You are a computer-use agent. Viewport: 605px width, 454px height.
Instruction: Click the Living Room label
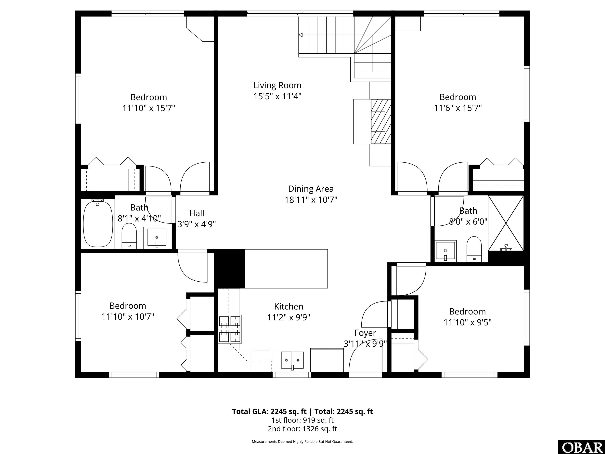(277, 85)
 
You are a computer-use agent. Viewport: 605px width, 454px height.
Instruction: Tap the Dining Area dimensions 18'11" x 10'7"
(311, 200)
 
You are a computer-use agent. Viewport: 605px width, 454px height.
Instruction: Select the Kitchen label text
(289, 306)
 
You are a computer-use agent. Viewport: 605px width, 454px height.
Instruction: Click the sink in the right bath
(445, 250)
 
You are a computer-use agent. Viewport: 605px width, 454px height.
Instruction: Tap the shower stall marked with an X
(506, 223)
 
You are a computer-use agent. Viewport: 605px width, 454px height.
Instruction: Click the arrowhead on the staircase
(301, 35)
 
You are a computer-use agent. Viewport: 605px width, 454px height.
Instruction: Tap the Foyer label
(365, 333)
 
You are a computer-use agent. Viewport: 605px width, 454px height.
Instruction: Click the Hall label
(197, 213)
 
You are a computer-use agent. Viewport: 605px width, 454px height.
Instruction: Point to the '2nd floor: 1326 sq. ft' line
(302, 429)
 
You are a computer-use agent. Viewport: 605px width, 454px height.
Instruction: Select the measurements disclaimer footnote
(302, 441)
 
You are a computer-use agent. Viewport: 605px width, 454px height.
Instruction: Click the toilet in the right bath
(474, 249)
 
